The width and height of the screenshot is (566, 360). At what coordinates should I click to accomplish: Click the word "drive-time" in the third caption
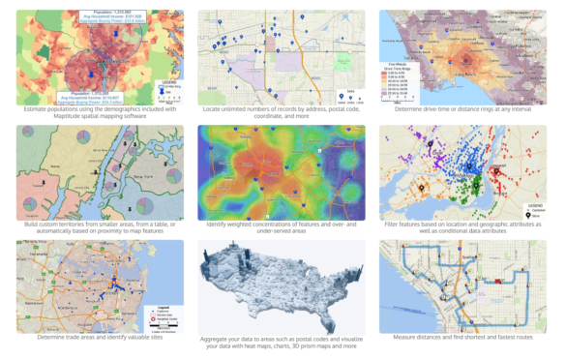pos(441,110)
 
